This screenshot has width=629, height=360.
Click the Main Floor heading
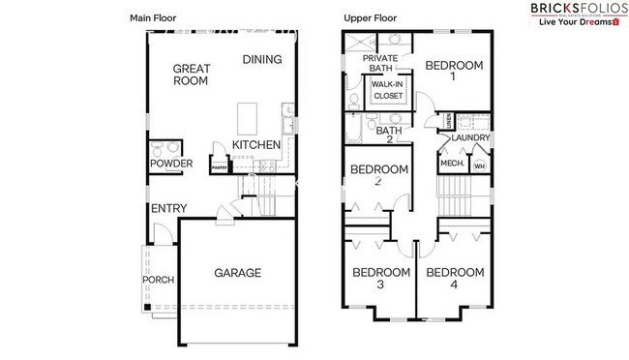click(154, 18)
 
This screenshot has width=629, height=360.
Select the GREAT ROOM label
click(193, 75)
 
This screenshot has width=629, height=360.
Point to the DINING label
click(262, 59)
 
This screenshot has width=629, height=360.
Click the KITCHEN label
click(255, 145)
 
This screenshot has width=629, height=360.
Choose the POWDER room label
click(170, 164)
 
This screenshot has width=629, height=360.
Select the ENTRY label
click(167, 208)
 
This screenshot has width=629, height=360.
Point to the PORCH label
click(158, 281)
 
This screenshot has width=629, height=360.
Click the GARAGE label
click(237, 273)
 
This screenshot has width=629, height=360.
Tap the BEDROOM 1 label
click(455, 71)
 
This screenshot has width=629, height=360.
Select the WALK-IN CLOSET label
click(388, 90)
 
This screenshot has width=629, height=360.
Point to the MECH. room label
click(452, 164)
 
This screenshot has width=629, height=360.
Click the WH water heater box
click(479, 165)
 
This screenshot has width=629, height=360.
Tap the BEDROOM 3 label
click(380, 278)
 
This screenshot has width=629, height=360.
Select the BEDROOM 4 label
click(455, 278)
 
